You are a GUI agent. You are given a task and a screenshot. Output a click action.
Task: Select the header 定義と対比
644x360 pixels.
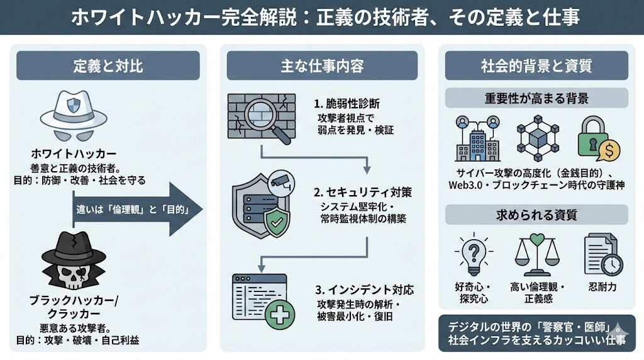[x=108, y=65]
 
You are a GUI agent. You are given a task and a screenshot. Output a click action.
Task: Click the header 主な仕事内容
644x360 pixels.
[x=322, y=65]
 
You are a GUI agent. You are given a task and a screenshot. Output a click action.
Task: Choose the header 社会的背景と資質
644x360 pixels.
[x=536, y=65]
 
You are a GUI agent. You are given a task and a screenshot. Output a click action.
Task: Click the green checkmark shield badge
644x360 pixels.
[x=275, y=222]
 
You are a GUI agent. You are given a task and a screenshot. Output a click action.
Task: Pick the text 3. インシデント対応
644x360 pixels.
[x=365, y=290]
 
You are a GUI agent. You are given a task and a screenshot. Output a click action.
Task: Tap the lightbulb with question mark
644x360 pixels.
[x=472, y=255]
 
